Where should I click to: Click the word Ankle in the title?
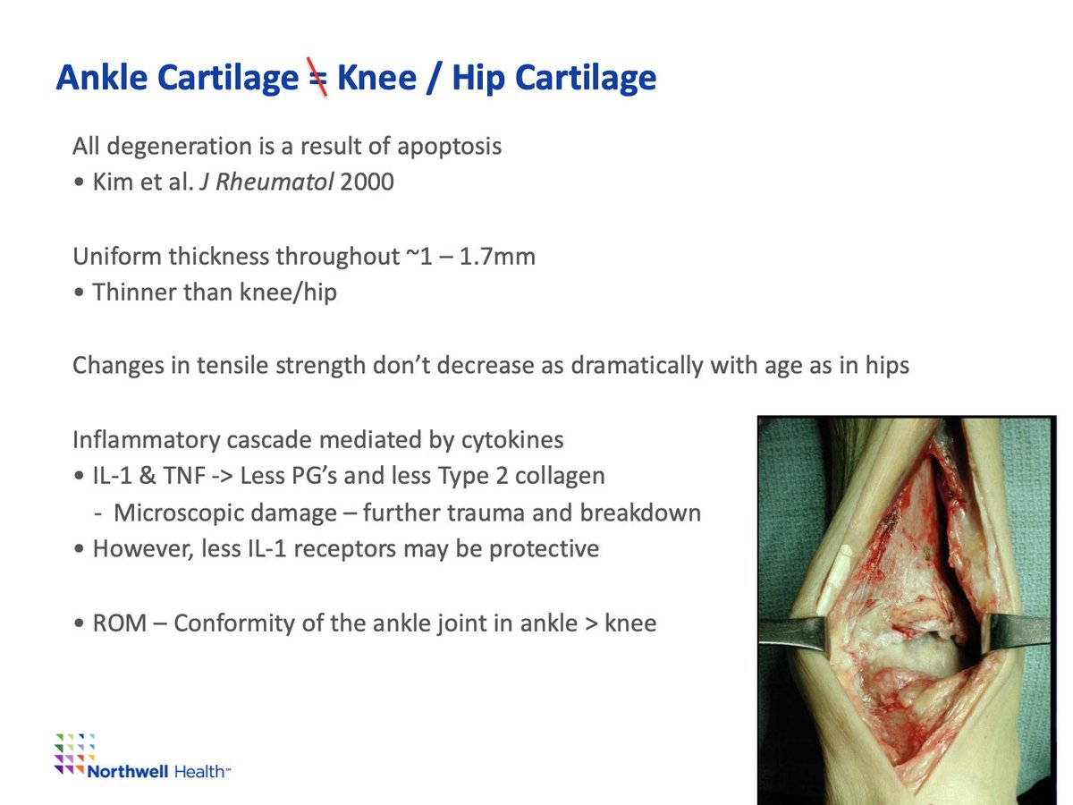coord(102,77)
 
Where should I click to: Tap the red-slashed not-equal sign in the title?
coord(317,77)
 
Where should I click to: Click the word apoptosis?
coord(449,147)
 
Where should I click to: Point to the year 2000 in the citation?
coord(367,182)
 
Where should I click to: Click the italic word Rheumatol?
coord(275,182)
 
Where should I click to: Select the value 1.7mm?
coord(497,256)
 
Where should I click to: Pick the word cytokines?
coord(512,440)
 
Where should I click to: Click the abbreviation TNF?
coord(184,476)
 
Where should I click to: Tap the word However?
coord(143,549)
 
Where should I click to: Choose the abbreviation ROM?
coord(120,623)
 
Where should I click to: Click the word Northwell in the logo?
coord(128,772)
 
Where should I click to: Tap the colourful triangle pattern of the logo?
coord(74,754)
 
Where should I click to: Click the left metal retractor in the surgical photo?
coord(793,631)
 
